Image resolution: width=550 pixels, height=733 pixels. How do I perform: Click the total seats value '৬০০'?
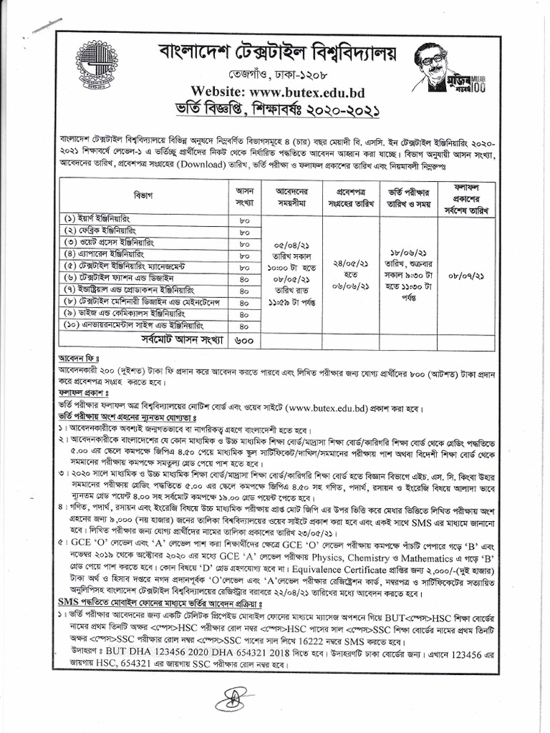243,340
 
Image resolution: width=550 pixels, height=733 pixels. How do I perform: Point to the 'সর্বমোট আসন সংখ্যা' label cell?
183,339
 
